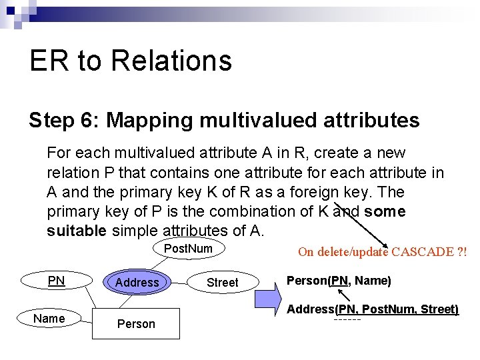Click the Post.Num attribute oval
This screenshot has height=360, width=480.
click(x=188, y=249)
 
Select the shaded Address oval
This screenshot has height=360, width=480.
click(x=137, y=282)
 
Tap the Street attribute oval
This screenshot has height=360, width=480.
click(x=222, y=282)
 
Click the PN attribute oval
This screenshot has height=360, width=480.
click(x=56, y=281)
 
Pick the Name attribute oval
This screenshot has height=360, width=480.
click(x=49, y=318)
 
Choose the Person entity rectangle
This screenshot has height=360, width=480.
click(x=136, y=323)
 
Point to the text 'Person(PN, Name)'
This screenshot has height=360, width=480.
click(x=339, y=281)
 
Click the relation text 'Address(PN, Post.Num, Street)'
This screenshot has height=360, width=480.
click(x=373, y=309)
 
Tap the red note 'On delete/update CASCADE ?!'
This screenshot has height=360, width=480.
click(x=382, y=252)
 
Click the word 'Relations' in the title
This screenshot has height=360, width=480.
click(x=171, y=61)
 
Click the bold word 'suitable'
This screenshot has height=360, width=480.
click(x=76, y=231)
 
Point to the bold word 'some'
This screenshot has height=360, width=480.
click(x=385, y=211)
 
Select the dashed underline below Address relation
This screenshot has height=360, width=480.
click(x=347, y=320)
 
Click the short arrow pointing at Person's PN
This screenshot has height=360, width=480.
click(x=344, y=295)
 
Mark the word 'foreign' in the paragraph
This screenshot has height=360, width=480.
click(x=317, y=192)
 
